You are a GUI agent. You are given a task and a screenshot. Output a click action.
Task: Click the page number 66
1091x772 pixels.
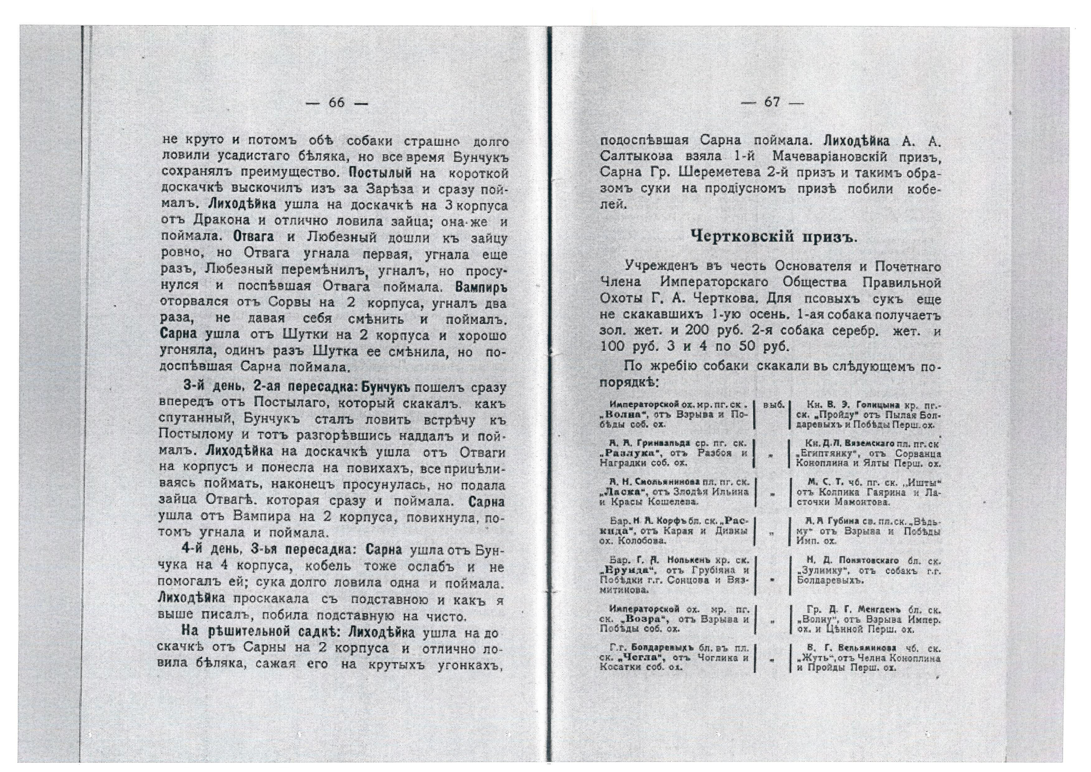click(x=337, y=103)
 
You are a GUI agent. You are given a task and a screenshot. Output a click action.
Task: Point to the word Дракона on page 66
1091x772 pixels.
click(x=222, y=222)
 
